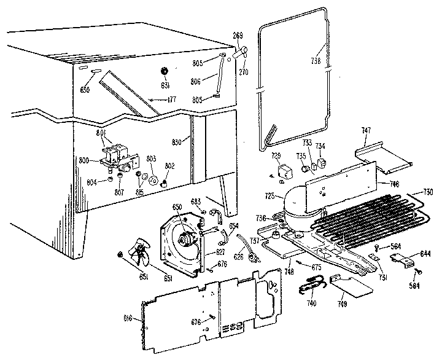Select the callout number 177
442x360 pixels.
pos(173,99)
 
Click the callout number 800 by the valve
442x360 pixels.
pos(85,161)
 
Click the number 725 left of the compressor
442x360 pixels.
pos(269,196)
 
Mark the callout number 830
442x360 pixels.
pos(177,143)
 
